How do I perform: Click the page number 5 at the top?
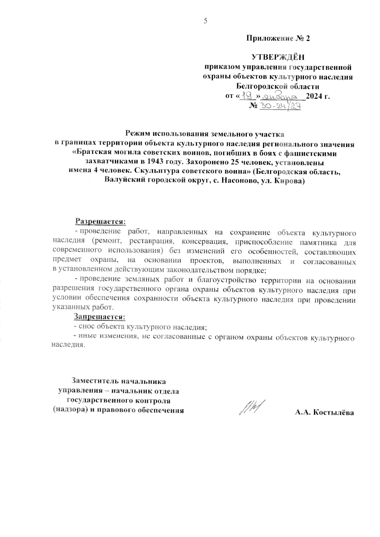coord(205,21)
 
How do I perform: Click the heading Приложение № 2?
coord(278,39)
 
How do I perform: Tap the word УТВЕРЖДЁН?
coord(278,57)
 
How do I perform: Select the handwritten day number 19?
coord(247,95)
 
